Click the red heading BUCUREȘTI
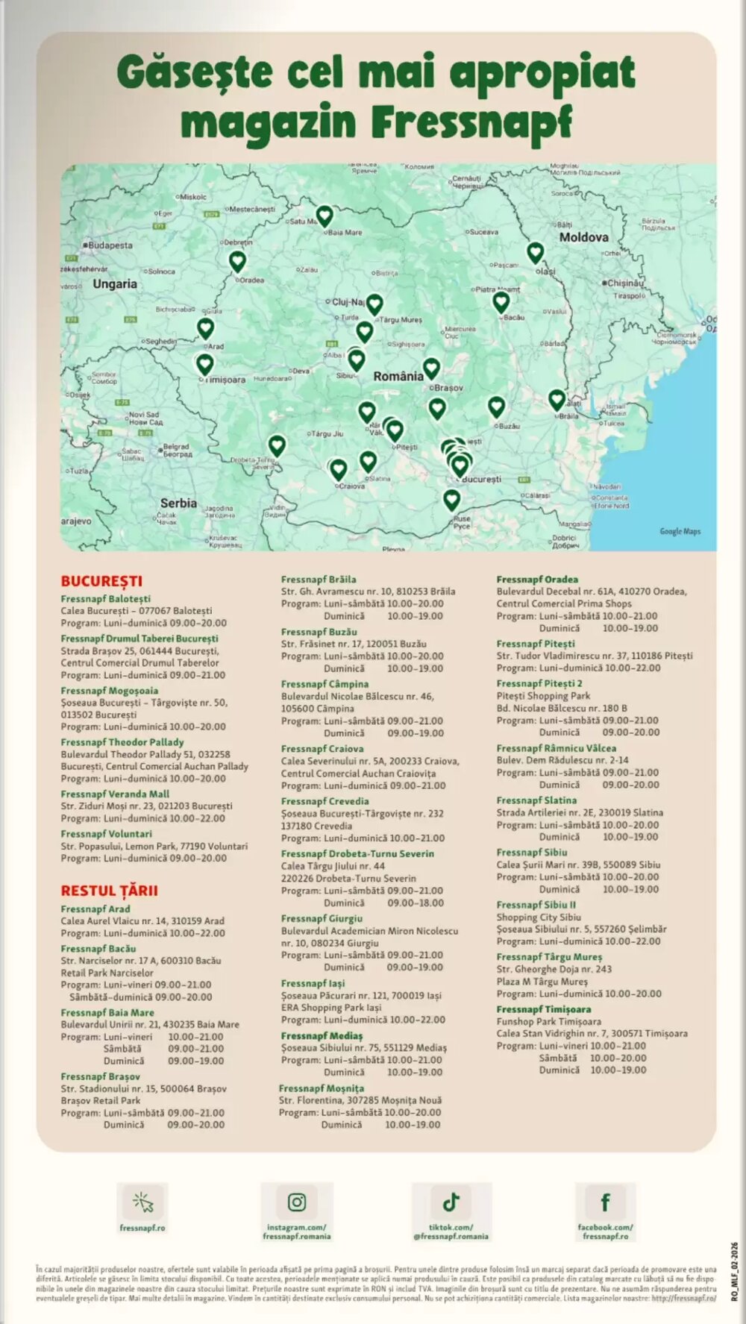pos(101,581)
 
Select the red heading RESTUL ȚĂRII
pos(109,891)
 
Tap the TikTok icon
pos(451,1202)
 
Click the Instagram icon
pos(297,1202)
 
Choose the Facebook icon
pos(605,1202)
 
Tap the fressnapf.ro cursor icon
pos(142,1202)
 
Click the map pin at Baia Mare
pos(324,216)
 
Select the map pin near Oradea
pos(237,261)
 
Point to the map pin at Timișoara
pos(204,364)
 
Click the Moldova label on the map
pos(583,237)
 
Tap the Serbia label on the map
pos(178,503)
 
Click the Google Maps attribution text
pos(680,531)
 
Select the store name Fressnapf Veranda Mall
pos(115,794)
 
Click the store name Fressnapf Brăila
pos(319,580)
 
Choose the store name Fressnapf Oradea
pos(537,580)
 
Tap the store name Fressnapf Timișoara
pos(544,1009)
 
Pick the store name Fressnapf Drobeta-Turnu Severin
pos(357,853)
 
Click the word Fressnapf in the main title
pos(472,122)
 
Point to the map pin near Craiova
pos(338,469)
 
